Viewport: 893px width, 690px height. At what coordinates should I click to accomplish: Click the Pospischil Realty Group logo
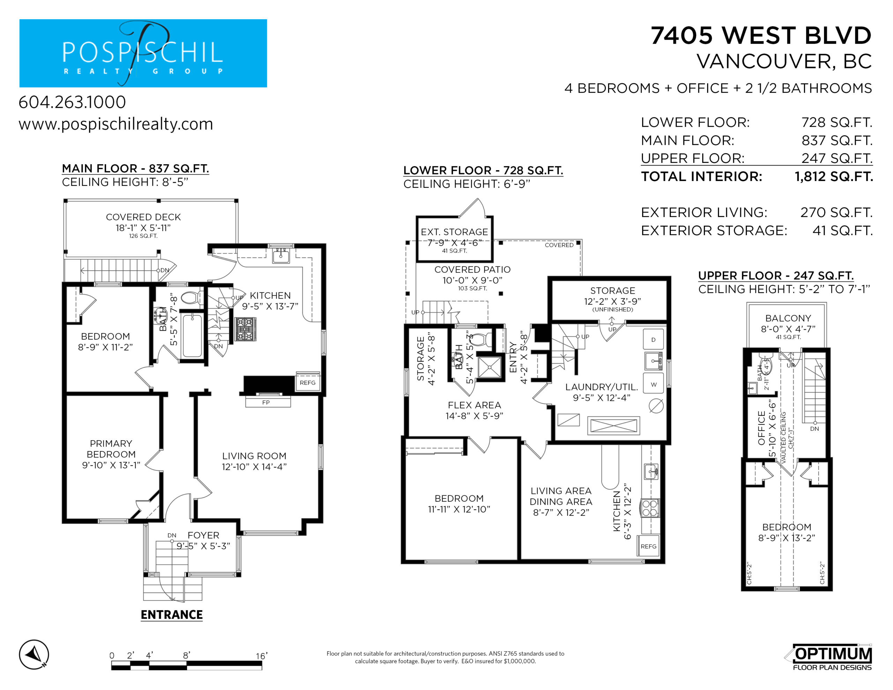point(143,53)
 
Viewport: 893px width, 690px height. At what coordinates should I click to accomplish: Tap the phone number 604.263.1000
point(72,102)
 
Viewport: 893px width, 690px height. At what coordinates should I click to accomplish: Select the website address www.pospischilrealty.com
point(116,124)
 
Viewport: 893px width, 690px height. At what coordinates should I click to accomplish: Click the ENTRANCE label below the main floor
point(172,615)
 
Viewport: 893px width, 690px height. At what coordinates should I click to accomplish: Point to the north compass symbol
point(34,654)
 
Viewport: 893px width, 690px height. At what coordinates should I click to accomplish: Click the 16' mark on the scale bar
point(262,656)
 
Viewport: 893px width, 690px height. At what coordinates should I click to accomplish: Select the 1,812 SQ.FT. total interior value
point(834,177)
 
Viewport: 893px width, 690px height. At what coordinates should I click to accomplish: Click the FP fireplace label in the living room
point(266,403)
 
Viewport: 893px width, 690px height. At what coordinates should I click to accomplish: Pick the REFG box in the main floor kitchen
point(307,382)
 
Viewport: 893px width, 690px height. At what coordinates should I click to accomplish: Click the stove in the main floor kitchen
point(245,329)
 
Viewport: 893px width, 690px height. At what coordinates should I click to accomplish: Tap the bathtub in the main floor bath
point(192,336)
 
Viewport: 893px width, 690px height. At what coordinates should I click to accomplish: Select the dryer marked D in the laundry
point(653,339)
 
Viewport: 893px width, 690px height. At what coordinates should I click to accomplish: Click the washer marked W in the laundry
point(653,384)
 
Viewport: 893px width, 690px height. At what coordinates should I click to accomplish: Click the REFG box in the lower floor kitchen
point(648,546)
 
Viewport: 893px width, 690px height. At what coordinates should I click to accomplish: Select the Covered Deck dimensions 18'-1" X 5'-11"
point(143,228)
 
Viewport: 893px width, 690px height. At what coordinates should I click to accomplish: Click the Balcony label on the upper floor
point(788,318)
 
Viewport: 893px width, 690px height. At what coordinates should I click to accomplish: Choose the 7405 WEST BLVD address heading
point(761,36)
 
